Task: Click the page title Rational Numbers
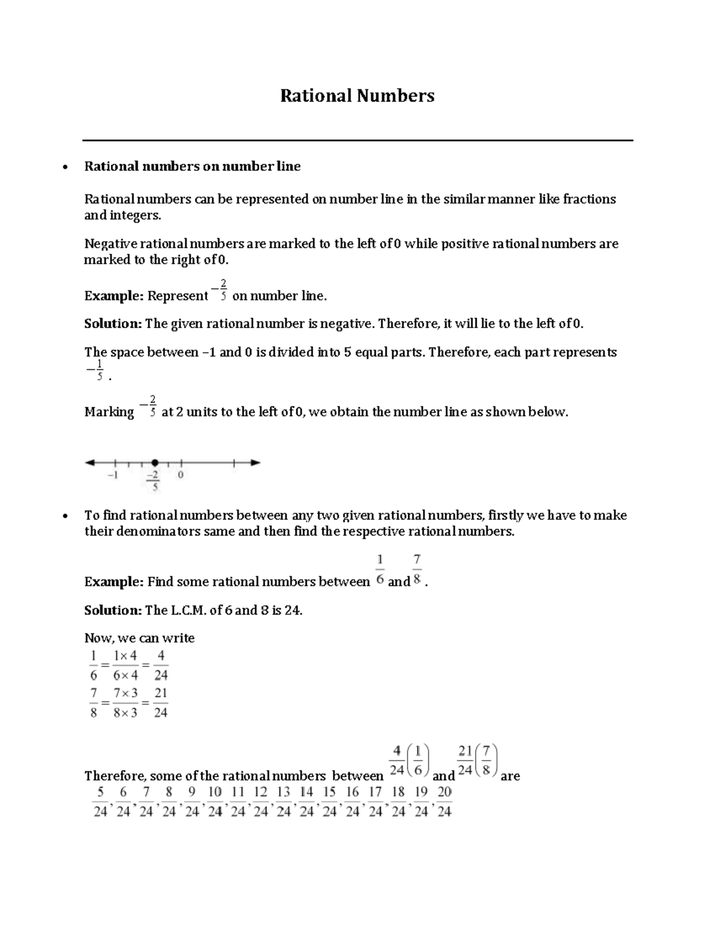tap(357, 96)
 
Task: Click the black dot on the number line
tap(154, 462)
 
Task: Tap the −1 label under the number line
tap(113, 475)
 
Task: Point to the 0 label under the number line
tap(181, 475)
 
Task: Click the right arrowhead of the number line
tap(255, 462)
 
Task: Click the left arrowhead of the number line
tap(91, 462)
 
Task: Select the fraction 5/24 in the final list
tap(100, 801)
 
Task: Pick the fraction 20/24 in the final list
tap(444, 801)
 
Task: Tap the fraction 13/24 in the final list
tap(284, 801)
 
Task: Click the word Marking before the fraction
tap(109, 412)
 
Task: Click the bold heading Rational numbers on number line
tap(192, 166)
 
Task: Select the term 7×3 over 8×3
tap(125, 702)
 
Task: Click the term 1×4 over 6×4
tap(125, 665)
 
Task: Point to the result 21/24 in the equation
tap(160, 702)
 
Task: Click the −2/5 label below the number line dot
tap(154, 481)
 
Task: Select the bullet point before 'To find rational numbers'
tap(66, 516)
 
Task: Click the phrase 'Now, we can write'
tap(139, 638)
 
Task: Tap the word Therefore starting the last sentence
tap(114, 775)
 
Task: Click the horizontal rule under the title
tap(357, 141)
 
